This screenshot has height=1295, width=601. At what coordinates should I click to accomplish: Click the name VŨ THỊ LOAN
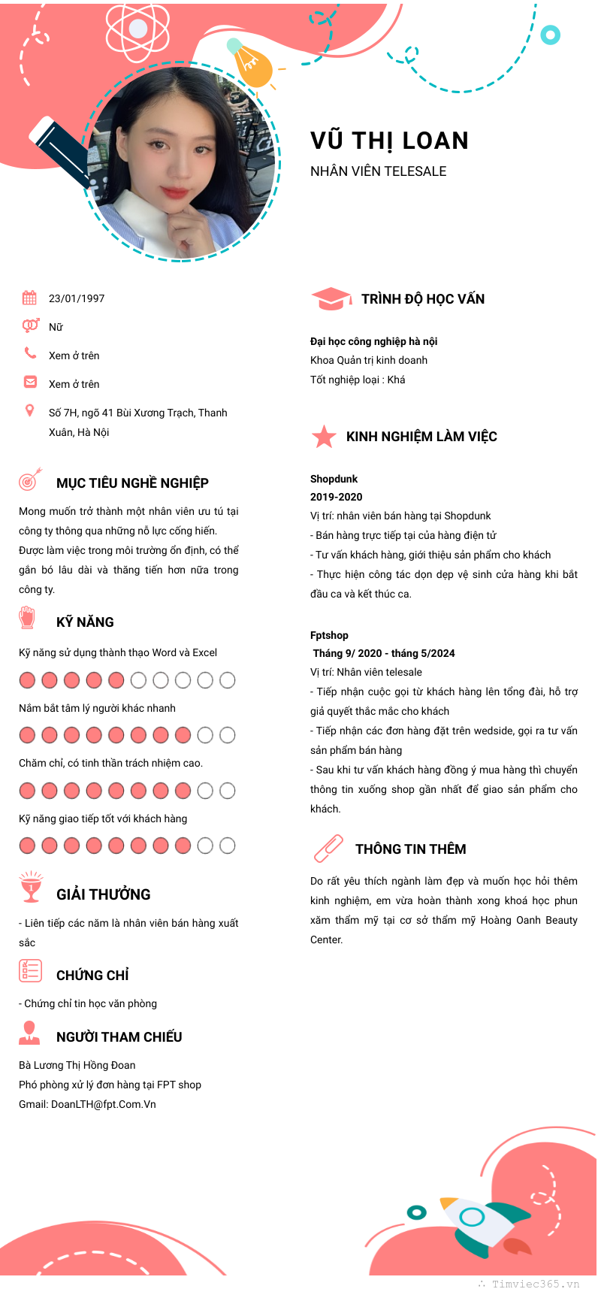pos(389,141)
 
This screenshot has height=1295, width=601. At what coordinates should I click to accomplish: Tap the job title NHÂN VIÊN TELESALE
pos(378,171)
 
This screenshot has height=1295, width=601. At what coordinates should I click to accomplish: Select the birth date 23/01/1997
pos(77,298)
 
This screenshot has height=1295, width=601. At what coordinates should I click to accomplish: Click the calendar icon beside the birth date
pos(29,298)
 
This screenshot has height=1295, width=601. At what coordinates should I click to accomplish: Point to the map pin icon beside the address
pos(29,410)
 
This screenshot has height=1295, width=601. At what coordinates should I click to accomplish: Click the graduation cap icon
pos(331,298)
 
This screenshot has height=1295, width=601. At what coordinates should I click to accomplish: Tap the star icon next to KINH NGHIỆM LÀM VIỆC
pos(324,436)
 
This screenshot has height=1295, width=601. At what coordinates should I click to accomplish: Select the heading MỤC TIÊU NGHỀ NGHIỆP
pos(132,483)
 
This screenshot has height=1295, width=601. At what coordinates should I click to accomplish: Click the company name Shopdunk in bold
pos(334,479)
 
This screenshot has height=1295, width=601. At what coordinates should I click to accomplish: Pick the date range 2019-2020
pos(336,497)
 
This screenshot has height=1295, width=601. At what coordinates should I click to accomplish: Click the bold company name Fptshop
pos(329,635)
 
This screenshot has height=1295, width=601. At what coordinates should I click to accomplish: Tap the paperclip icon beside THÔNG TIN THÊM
pos(328,849)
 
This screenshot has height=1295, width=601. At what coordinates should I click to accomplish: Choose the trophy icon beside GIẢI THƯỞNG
pos(31,887)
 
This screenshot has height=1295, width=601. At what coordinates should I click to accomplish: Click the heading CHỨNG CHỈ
pos(92,976)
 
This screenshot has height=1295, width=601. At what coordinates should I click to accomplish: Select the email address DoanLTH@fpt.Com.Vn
pos(104,1104)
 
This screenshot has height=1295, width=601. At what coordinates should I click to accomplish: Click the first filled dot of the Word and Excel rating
pos(27,680)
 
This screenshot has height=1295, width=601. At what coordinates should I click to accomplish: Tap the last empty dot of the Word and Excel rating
pos(227,680)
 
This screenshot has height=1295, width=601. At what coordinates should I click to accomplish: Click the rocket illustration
pos(477,1222)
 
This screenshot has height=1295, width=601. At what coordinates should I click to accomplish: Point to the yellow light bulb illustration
pos(252,65)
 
